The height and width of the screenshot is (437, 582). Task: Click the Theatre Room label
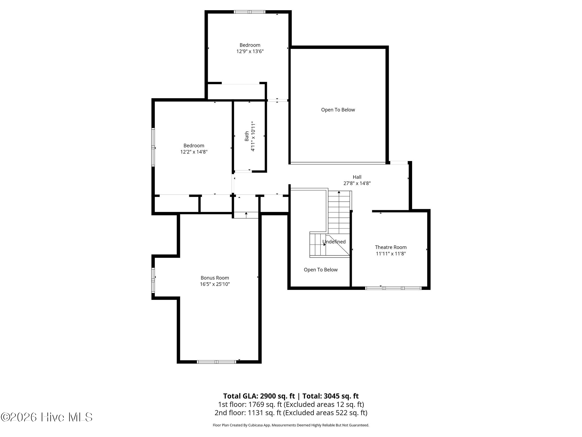coord(391,247)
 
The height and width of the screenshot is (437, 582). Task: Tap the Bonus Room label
coord(215,278)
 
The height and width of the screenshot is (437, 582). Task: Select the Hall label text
coord(357,177)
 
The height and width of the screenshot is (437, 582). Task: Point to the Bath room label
coord(247,136)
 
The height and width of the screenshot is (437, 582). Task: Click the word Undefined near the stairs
coord(334,242)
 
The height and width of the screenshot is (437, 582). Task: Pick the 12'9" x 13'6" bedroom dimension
coord(250,51)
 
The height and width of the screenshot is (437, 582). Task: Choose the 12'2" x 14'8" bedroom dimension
coord(194,152)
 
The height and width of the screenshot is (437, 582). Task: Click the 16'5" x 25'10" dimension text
coord(215,284)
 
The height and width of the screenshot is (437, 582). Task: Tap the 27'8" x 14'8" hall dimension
coord(357,184)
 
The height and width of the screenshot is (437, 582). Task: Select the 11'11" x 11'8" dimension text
coord(391,253)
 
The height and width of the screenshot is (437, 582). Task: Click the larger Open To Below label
coord(338,110)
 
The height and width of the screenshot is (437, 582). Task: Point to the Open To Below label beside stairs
coord(321,270)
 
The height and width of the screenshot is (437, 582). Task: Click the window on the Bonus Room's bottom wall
coord(217,362)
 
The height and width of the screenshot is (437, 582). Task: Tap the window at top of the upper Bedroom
coord(250,12)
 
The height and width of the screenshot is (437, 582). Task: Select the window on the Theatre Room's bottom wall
coord(393,288)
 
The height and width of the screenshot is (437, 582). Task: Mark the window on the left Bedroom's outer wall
coord(153,147)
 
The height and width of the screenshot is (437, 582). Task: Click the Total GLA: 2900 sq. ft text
coord(259,396)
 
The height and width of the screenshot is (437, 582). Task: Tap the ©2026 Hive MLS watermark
coord(47,417)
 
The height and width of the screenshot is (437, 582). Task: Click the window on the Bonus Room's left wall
coord(153,280)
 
